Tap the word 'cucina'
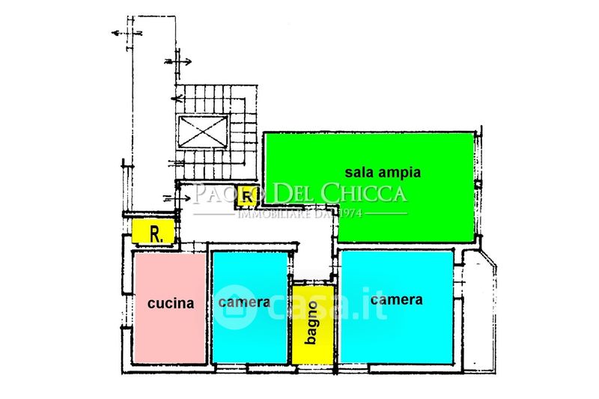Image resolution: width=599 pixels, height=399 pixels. pos(170,303)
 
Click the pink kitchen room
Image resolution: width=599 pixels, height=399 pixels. pos(169,329)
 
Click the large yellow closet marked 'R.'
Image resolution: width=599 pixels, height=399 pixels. pos(153,232)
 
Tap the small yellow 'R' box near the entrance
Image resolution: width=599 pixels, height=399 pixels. pos(246,196)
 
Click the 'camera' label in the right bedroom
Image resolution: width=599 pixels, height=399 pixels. pos(396,299)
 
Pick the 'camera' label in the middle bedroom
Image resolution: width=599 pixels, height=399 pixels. pos(244,302)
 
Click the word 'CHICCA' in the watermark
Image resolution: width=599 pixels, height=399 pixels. pos(363,193)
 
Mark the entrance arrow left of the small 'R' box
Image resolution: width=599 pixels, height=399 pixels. pos(180,198)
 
